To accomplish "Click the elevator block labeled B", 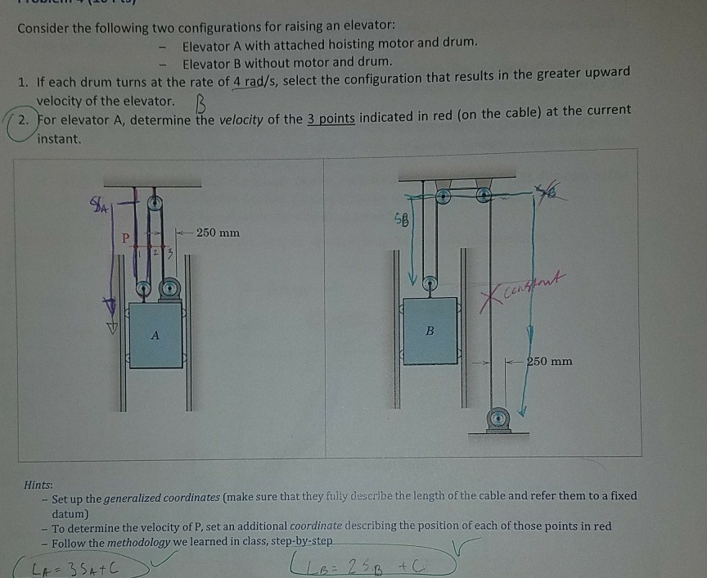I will point(430,331).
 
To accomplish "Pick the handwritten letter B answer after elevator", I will point(197,104).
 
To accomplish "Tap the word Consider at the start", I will point(45,27).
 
